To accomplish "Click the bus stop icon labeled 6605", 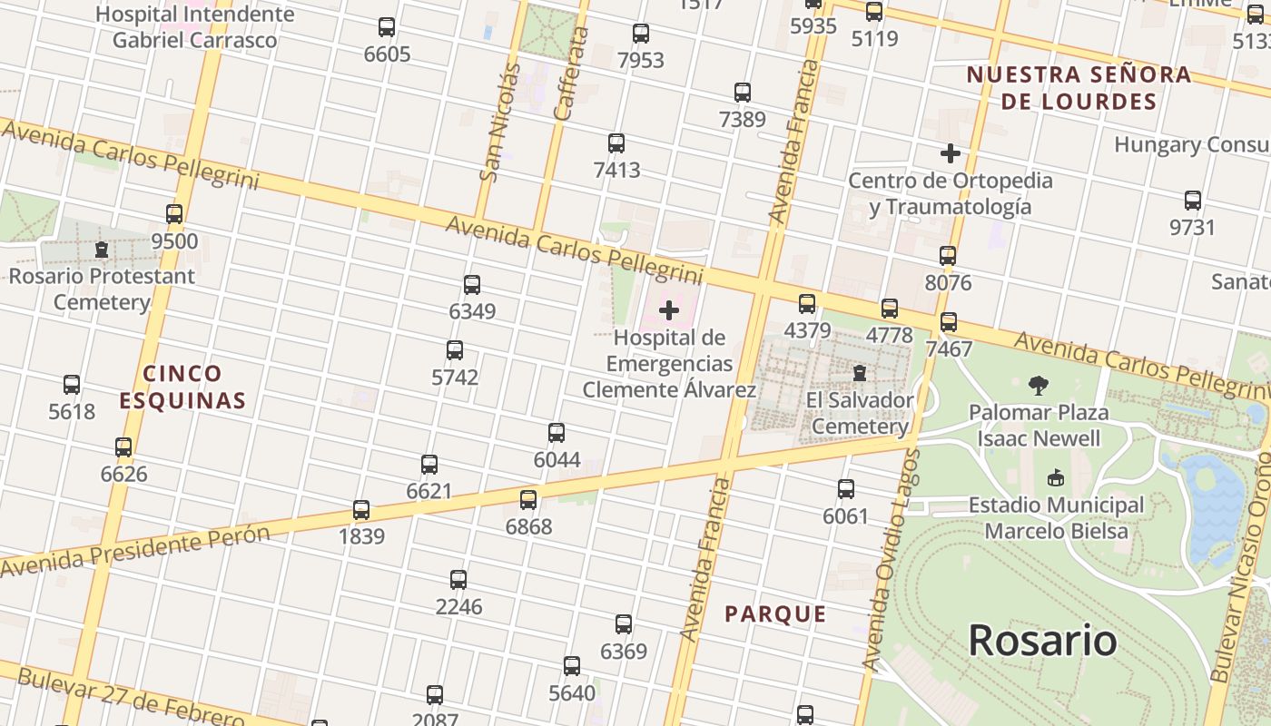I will click(387, 27).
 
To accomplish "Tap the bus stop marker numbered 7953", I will click(641, 34).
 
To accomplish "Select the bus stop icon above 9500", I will click(174, 214).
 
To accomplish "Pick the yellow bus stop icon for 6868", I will click(528, 499).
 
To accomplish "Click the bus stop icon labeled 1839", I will click(361, 509).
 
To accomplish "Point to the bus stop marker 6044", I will click(557, 433).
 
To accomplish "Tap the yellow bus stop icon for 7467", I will click(949, 321).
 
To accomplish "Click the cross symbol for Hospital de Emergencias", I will click(669, 310).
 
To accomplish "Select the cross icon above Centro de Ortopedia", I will click(951, 152).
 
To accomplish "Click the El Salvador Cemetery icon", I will click(859, 372).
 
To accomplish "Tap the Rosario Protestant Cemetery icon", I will click(102, 249).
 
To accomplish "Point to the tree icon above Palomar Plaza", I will click(1039, 386).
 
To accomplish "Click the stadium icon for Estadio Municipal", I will click(1056, 477).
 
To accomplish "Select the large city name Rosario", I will click(1042, 640).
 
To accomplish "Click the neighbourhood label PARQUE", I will click(775, 614).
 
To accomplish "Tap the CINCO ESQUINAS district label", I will click(182, 387).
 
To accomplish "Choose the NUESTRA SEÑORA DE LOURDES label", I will click(1079, 87).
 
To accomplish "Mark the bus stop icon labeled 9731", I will click(1193, 201).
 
